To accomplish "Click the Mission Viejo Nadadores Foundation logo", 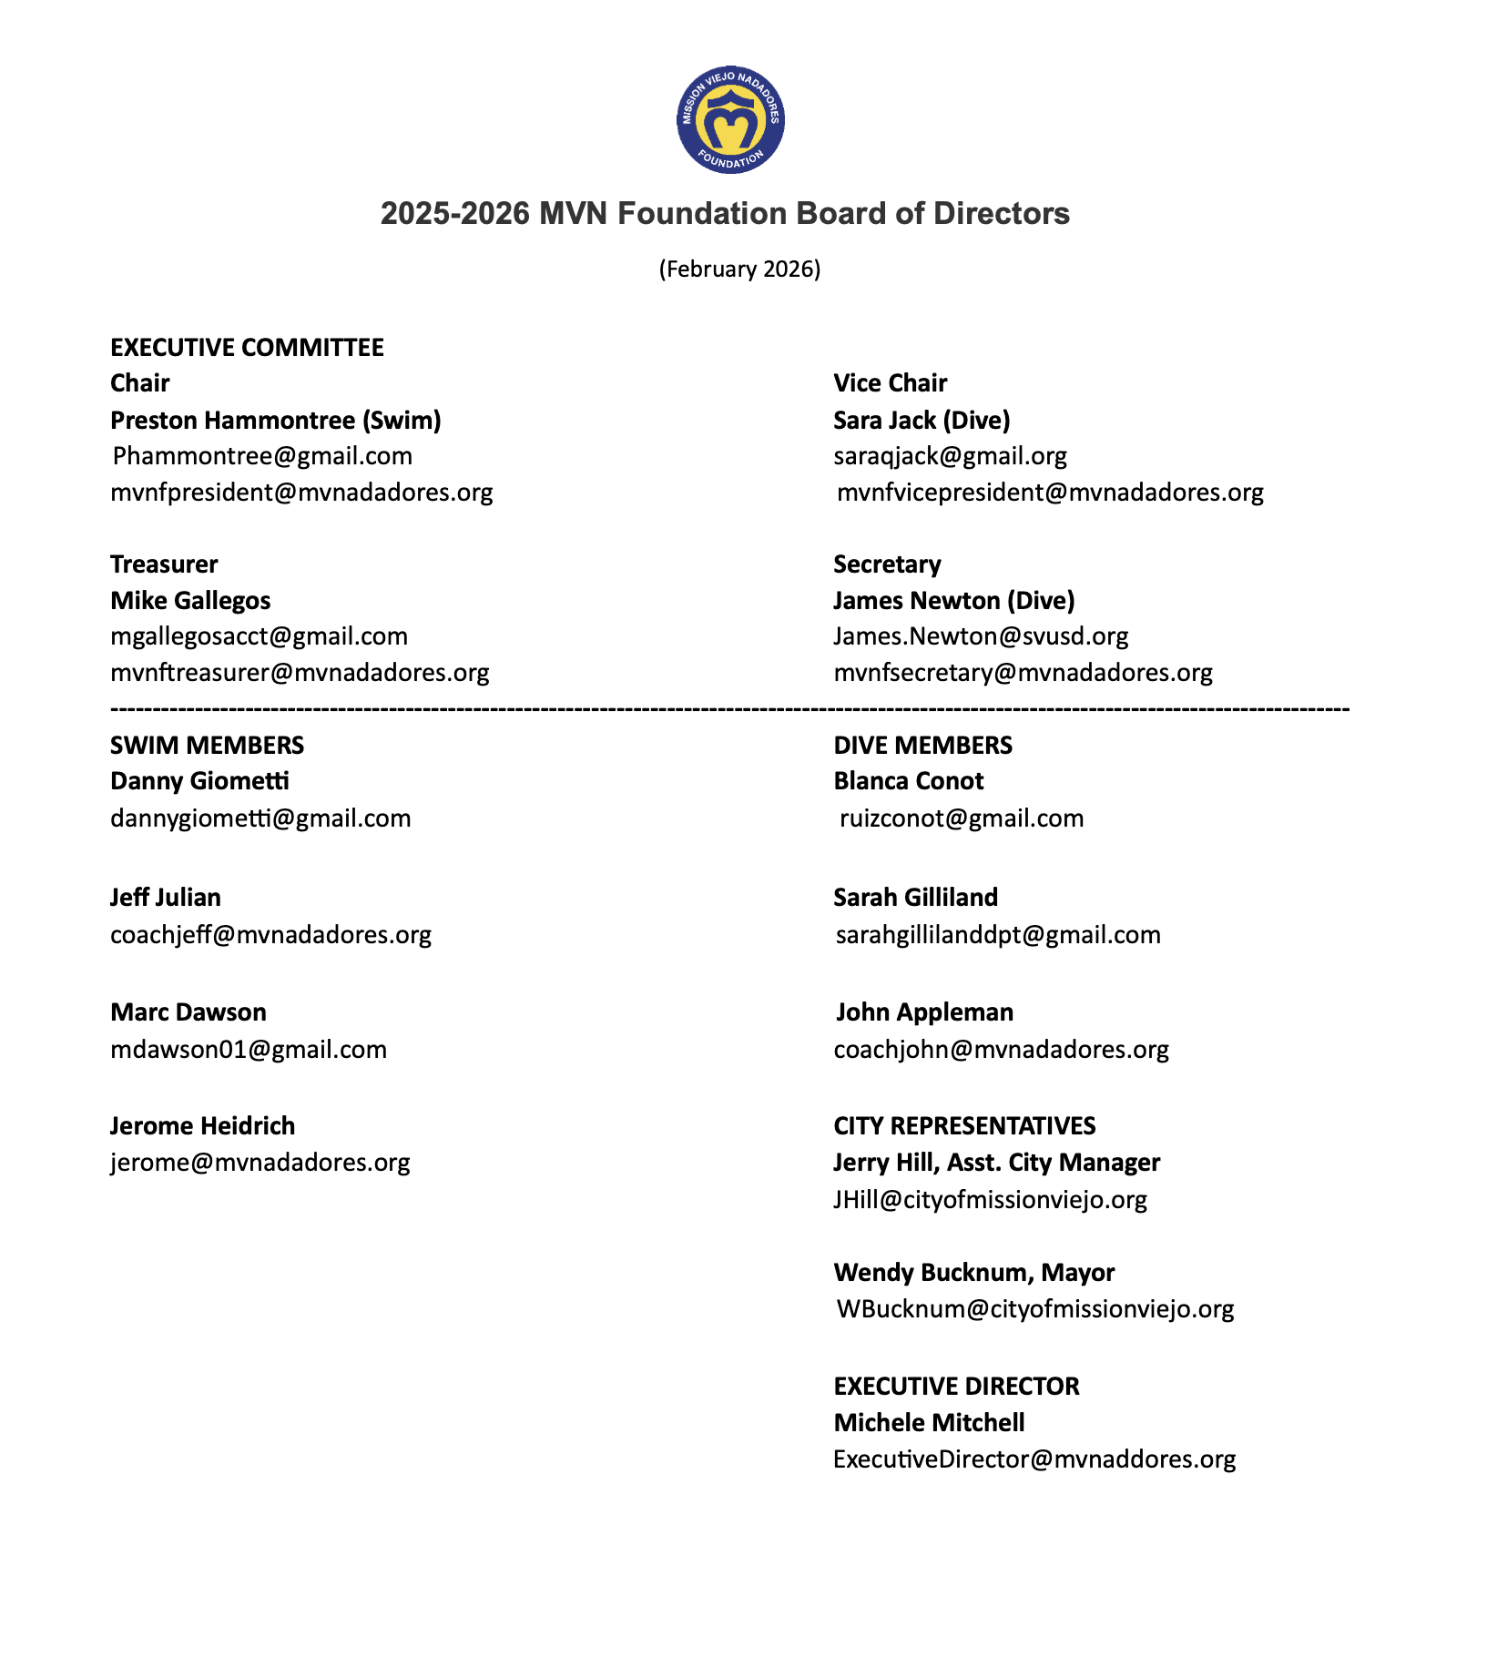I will tap(730, 119).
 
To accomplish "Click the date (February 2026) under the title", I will tap(739, 269).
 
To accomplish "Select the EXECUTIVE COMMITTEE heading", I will tap(247, 348).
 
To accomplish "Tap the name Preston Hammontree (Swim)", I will tap(275, 421).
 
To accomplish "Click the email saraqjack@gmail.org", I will tap(950, 456).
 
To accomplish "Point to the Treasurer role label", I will tap(164, 564).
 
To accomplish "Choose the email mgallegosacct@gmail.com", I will tap(259, 636).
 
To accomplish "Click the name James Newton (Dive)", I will tap(953, 601).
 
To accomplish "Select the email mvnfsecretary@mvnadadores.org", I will tap(1023, 673).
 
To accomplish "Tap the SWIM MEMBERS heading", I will tap(207, 746).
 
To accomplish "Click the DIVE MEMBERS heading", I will tap(922, 746).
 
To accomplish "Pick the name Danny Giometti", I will tap(199, 781).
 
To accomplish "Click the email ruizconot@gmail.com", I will tap(961, 818).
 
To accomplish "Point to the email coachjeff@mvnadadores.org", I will tap(270, 935).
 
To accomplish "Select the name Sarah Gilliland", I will tap(915, 898).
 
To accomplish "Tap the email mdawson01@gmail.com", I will tap(249, 1050).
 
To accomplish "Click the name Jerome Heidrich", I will tap(202, 1126).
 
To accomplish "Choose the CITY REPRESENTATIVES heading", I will tap(964, 1126).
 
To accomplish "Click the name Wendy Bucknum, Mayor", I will tap(973, 1273).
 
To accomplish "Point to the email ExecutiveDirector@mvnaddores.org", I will tap(1034, 1459).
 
